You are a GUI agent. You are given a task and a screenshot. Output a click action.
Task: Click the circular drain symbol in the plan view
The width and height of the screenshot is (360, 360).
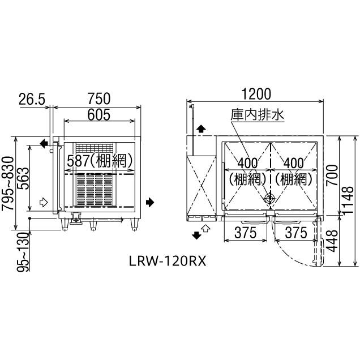coord(269,199)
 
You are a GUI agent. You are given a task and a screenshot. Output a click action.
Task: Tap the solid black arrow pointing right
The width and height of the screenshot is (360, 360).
coord(149,202)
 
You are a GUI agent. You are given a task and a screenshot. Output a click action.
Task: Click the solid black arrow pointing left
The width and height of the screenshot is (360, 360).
coord(44,145)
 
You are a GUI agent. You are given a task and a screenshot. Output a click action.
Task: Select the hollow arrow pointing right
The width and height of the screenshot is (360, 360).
coord(44,201)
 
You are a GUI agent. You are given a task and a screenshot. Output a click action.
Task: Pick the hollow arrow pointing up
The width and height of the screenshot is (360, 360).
coord(207,228)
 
